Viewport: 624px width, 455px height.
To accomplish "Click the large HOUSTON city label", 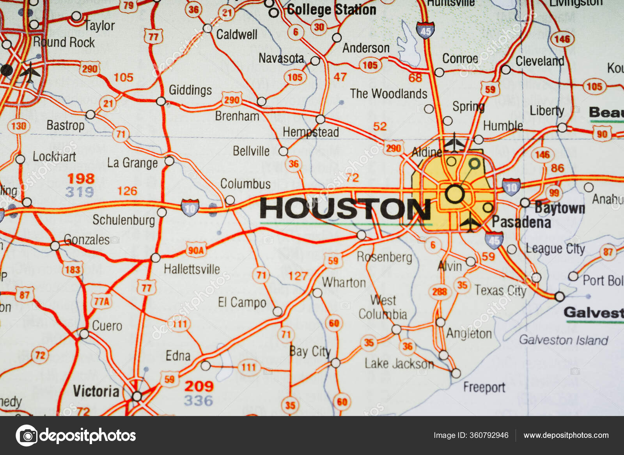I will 345,209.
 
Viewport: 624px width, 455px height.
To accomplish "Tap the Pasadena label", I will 521,222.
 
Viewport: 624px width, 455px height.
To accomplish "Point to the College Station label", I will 331,10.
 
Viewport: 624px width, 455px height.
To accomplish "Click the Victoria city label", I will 96,391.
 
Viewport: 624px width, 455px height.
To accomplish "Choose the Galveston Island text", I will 563,340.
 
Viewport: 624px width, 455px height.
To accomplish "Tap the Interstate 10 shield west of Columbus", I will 190,207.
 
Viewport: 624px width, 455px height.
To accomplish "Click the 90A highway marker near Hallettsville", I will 196,250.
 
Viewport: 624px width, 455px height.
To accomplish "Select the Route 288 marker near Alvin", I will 439,292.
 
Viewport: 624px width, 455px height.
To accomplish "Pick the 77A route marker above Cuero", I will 102,301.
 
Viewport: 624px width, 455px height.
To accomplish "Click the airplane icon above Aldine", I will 454,142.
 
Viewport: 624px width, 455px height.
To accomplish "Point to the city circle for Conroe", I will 439,72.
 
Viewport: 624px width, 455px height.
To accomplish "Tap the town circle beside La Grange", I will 169,161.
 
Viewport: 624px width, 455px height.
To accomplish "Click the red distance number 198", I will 81,179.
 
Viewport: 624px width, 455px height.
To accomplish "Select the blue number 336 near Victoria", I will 199,400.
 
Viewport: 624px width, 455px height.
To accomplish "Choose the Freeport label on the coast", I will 484,387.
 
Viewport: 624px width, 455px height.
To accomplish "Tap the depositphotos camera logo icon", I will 27,435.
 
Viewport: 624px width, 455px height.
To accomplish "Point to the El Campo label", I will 242,302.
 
